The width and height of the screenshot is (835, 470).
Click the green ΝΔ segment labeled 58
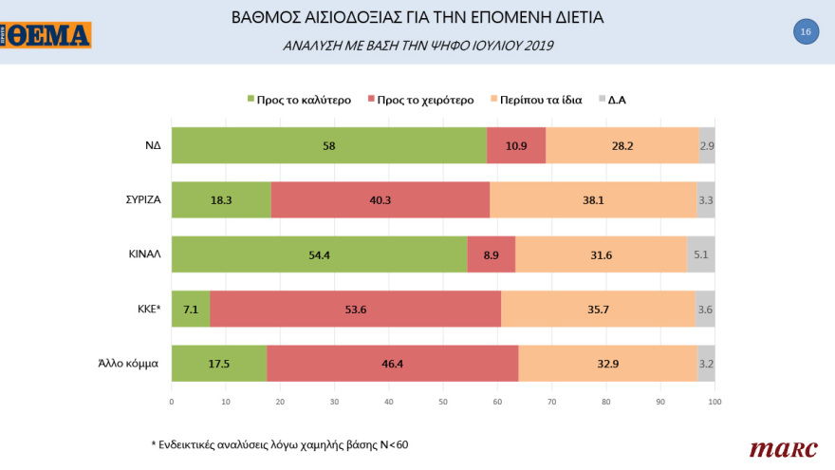[x=328, y=146]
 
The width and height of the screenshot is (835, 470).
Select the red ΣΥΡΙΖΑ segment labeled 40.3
[x=380, y=200]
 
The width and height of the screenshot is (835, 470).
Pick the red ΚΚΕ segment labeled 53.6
[x=355, y=309]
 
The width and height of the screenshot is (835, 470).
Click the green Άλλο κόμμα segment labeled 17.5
[x=218, y=363]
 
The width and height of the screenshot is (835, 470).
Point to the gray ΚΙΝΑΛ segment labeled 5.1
[x=700, y=254]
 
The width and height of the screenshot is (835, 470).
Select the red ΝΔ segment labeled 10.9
[x=516, y=146]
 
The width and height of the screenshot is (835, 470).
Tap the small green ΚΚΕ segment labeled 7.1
[x=190, y=309]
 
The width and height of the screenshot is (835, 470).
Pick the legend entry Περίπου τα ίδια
[x=536, y=99]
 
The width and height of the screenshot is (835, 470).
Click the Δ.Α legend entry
[x=618, y=99]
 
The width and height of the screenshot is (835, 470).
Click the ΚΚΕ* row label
[x=146, y=309]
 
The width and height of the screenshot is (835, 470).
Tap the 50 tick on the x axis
[x=443, y=403]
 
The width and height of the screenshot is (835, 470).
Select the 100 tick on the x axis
[x=714, y=403]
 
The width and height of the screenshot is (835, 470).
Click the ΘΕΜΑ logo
[x=46, y=35]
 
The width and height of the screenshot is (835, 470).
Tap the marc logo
[x=777, y=448]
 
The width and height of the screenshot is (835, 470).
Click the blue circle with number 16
[x=805, y=32]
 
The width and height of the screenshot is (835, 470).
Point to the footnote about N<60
[x=282, y=443]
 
